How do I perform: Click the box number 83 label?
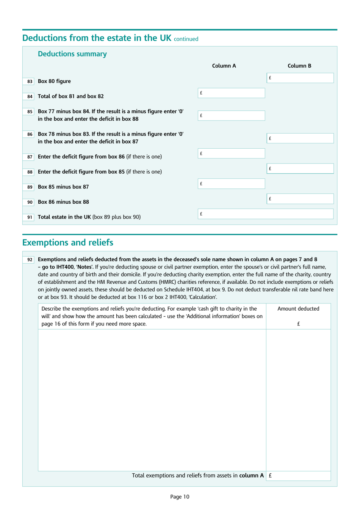pos(30,81)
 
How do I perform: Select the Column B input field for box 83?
pos(300,78)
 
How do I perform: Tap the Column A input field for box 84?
pos(231,93)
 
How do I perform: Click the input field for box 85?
pos(231,116)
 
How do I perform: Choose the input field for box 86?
pos(300,138)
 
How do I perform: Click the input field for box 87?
pos(231,154)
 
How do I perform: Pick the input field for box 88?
pos(300,168)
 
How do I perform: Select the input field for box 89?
pos(231,184)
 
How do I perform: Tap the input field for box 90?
pos(300,199)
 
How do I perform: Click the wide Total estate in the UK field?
pos(265,214)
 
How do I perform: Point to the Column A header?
pos(224,66)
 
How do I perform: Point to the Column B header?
pos(299,66)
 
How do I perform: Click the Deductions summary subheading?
pos(72,54)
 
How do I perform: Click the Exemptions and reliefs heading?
pos(67,242)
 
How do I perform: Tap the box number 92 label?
pos(30,260)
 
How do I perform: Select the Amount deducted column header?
pos(298,309)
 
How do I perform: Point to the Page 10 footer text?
pos(180,496)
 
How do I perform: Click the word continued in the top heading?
pos(186,39)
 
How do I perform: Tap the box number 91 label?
pos(30,217)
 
